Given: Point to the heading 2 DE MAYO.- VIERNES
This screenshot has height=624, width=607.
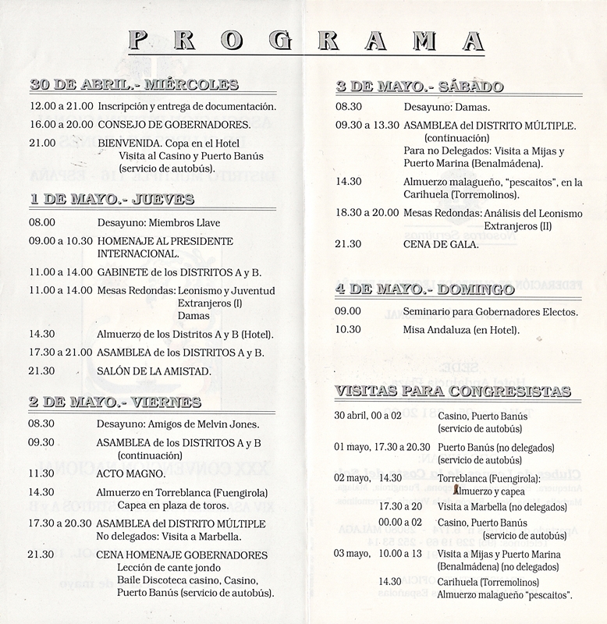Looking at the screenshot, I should pyautogui.click(x=115, y=402).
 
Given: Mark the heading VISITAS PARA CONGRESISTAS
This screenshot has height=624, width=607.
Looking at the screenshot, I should pyautogui.click(x=453, y=391).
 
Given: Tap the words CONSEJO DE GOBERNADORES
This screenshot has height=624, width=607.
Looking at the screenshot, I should pyautogui.click(x=173, y=124).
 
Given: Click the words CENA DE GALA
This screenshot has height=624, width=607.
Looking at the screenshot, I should pyautogui.click(x=441, y=244).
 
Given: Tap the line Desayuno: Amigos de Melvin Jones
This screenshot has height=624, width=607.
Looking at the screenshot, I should pyautogui.click(x=179, y=424).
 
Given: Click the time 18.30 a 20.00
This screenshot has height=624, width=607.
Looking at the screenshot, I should pyautogui.click(x=367, y=212).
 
